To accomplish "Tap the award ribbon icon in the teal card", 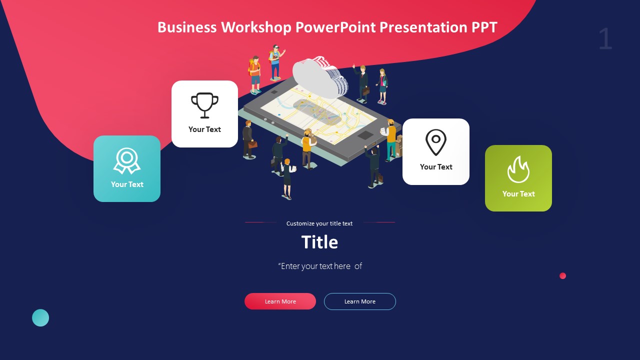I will [x=127, y=160].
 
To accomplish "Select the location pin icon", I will [x=436, y=142].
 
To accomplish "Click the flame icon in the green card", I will [x=518, y=169].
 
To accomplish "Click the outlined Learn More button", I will [x=360, y=301].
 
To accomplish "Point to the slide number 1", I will [x=605, y=39].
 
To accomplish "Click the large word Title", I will [x=319, y=242].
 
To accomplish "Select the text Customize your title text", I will [x=319, y=223].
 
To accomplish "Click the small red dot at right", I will [x=562, y=275].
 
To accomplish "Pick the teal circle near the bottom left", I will [x=40, y=317].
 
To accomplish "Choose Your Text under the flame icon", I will [x=518, y=194].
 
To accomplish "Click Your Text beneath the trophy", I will [x=204, y=129].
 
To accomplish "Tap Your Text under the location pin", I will [x=436, y=167].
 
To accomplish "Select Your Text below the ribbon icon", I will [x=127, y=184].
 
